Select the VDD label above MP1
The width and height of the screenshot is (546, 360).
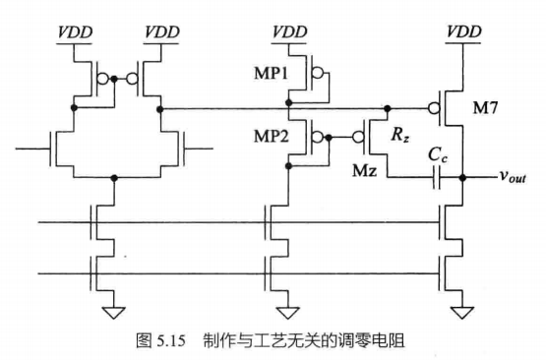[291, 31]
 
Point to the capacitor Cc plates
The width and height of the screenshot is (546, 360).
[436, 177]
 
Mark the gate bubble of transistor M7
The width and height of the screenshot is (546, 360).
[434, 106]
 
